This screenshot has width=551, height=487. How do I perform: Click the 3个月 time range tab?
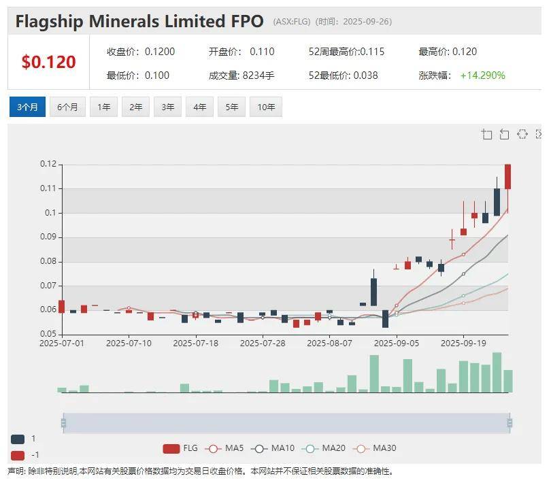coord(27,107)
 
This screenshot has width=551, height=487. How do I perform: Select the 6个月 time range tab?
coord(67,107)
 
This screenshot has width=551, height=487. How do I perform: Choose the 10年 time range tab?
coord(265,107)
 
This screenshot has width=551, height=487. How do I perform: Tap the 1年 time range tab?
coord(103,107)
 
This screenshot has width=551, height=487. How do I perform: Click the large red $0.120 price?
coord(48,63)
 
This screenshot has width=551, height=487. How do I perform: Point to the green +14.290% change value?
coord(482,75)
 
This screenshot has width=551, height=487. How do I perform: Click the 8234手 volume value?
coord(258,75)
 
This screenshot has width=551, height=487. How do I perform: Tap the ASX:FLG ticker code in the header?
coord(292,22)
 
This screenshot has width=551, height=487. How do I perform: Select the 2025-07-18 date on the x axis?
coord(195,343)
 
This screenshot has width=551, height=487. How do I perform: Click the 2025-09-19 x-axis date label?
coord(463,343)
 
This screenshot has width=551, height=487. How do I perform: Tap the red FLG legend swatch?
coord(171,448)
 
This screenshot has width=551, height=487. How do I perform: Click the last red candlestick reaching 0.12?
coord(507,177)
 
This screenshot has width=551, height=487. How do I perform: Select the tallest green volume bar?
coord(497,372)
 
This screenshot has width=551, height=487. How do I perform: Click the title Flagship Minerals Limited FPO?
coord(139,22)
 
